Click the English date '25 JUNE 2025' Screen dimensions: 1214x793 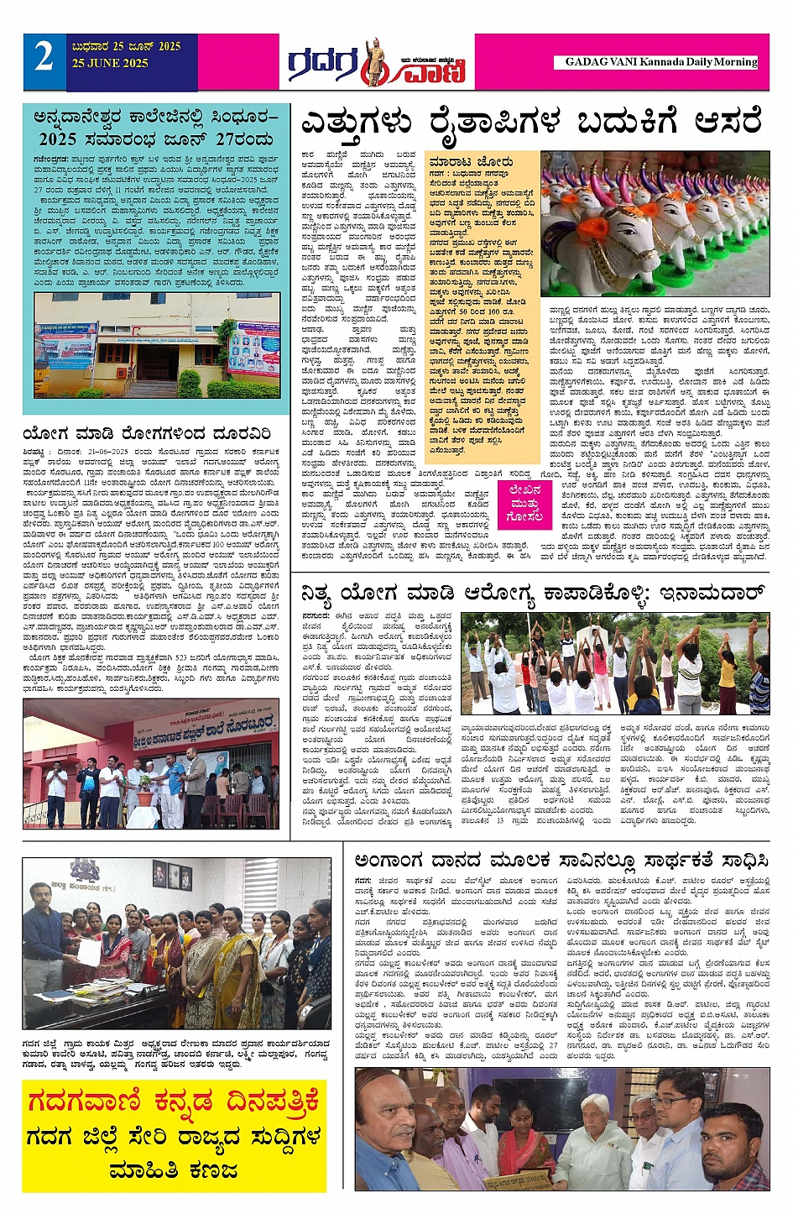(110, 64)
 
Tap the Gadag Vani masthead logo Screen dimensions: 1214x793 (377, 63)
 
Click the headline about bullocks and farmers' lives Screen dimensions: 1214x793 (530, 123)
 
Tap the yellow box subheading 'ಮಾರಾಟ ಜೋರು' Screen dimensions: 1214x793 (470, 161)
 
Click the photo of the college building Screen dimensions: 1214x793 (150, 345)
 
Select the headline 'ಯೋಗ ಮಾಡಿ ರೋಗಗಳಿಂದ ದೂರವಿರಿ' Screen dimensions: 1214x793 (147, 435)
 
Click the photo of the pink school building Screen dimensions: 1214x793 (150, 763)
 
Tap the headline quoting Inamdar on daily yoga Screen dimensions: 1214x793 (535, 594)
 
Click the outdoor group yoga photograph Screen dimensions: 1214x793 (614, 664)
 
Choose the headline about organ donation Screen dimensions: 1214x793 (561, 861)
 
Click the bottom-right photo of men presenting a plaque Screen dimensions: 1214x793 (561, 1128)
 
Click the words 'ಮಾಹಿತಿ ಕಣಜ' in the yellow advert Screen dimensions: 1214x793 (174, 1171)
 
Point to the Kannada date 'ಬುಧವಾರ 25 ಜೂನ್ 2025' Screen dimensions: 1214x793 (126, 47)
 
